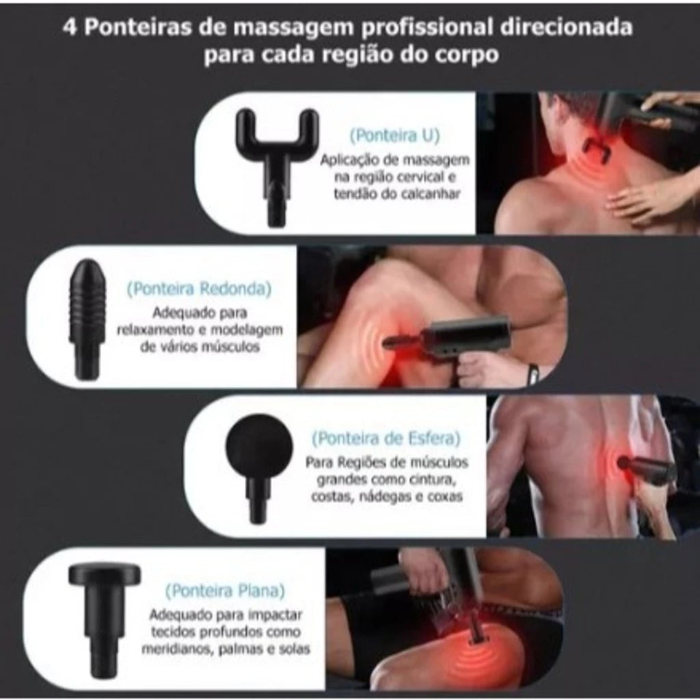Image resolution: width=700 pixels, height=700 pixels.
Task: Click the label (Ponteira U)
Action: coord(395,135)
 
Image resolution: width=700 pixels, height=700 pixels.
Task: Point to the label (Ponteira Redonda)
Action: coord(198,288)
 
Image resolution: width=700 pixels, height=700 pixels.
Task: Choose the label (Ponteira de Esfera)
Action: coord(386,437)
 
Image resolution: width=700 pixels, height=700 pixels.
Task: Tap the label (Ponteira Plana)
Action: coord(225,590)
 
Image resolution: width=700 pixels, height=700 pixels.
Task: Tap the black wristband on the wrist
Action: coord(533,373)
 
